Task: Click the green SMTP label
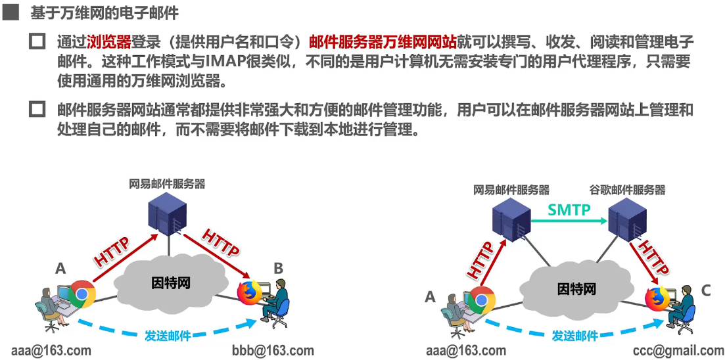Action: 569,210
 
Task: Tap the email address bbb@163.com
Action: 273,350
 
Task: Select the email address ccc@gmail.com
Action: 679,350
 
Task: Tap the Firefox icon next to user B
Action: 248,292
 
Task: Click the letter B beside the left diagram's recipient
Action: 278,268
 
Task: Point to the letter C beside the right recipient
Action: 705,289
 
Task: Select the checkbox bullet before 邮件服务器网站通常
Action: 37,110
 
